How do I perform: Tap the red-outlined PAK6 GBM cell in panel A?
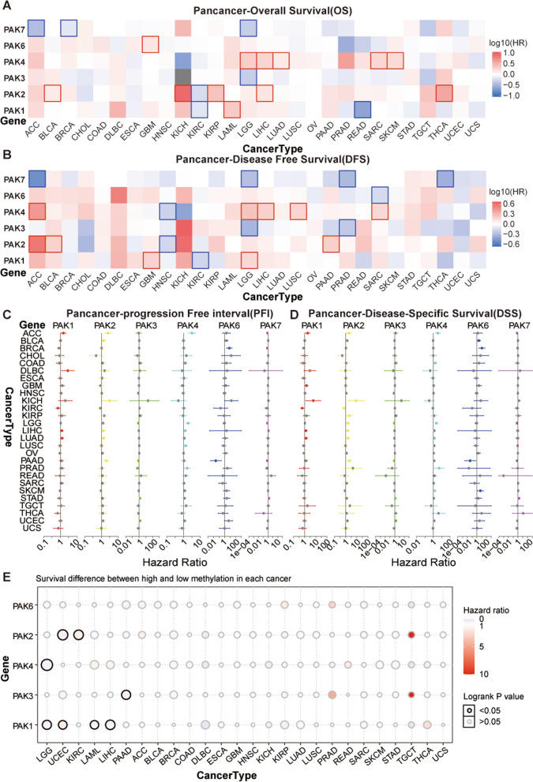pos(149,44)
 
